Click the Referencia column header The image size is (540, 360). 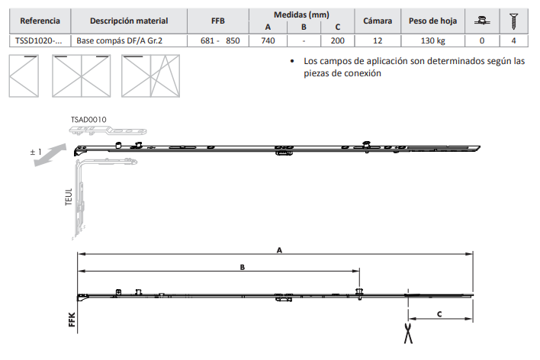40,21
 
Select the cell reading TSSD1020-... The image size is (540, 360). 39,40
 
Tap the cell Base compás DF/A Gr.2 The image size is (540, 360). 119,40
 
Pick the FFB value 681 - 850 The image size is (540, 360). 220,40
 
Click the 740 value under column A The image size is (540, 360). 268,40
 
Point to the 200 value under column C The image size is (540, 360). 337,40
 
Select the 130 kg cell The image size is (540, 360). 433,40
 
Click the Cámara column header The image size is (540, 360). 378,21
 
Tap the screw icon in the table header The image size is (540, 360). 513,21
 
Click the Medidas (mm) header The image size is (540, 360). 301,14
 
